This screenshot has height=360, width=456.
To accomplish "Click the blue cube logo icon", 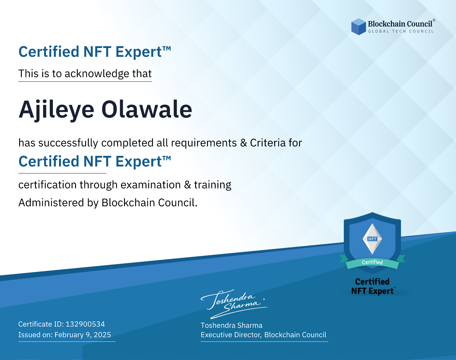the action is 358,27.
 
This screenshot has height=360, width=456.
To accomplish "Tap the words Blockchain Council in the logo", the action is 400,24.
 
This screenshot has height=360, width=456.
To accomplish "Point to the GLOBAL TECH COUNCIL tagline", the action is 401,31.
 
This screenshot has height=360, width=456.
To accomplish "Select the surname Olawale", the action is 147,109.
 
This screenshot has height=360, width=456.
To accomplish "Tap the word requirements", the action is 204,143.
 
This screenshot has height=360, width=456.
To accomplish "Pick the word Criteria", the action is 268,142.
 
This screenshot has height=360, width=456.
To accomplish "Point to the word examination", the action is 151,184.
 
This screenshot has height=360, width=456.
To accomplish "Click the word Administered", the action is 51,202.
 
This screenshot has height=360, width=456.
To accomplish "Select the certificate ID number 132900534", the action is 85,324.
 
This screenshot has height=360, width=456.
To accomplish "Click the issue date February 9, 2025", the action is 83,335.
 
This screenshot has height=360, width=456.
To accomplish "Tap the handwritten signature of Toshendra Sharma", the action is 234,304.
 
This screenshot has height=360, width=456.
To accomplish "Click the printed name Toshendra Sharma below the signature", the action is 231,325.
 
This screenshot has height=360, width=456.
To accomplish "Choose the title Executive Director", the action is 231,335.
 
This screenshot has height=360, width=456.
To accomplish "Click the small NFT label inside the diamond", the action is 372,239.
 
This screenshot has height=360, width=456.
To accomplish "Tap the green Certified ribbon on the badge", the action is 372,262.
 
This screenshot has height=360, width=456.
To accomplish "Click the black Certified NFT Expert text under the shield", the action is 372,286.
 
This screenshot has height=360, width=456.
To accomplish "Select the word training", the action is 212,185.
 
